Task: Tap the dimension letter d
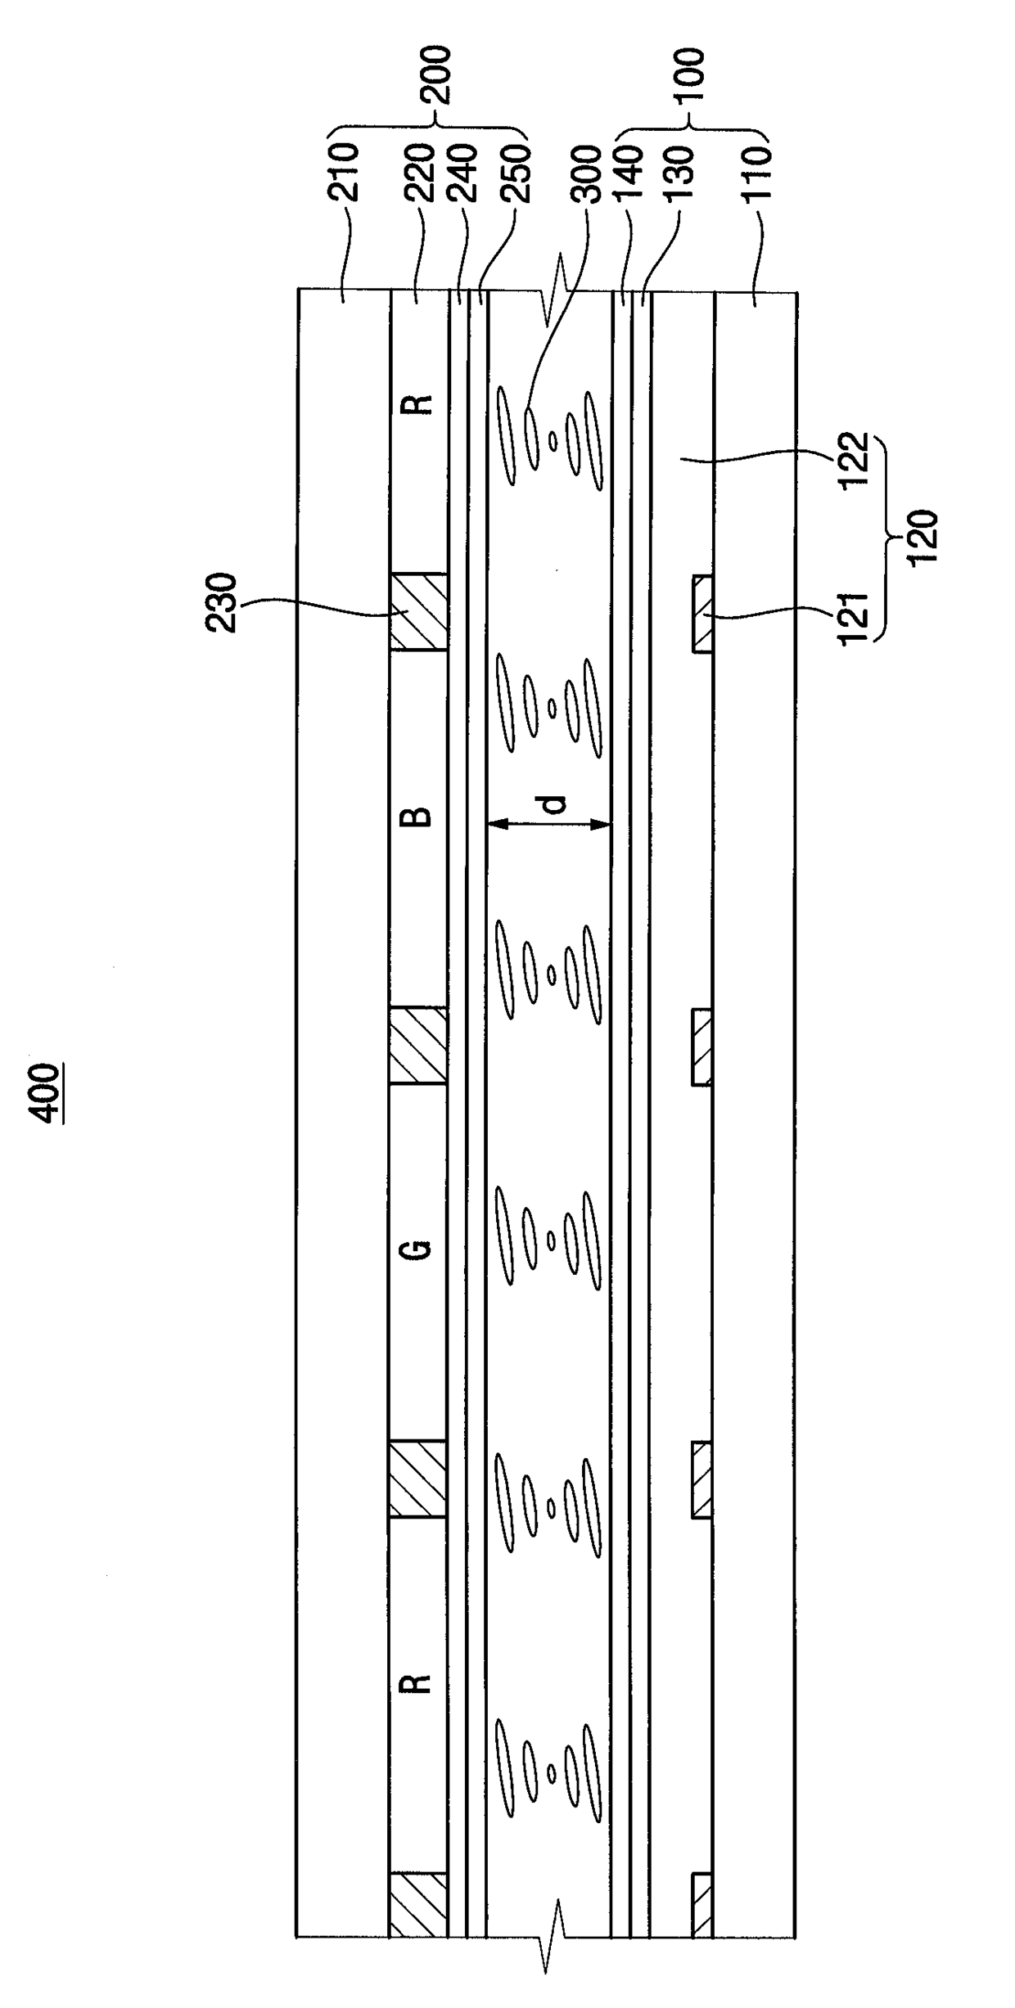[556, 805]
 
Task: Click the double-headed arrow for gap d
[548, 826]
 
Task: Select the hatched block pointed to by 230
[418, 612]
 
